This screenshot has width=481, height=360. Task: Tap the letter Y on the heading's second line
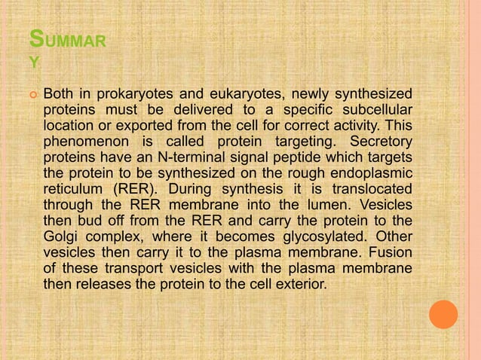(x=34, y=64)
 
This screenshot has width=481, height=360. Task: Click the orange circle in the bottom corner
(x=444, y=314)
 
